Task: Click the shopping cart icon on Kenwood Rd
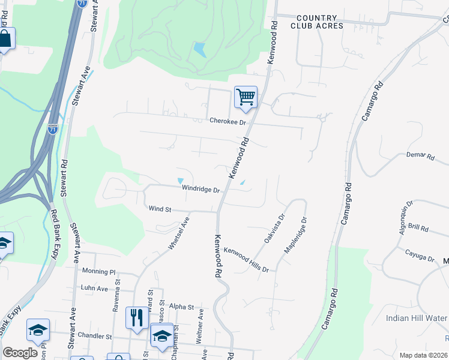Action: coord(246,97)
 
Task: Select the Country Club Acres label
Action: coord(317,22)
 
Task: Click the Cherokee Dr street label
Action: coord(228,121)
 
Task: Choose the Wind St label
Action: coord(160,209)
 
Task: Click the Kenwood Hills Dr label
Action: coord(246,260)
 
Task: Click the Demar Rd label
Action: coord(420,155)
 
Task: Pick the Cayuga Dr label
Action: coord(419,256)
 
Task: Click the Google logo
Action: coord(19,352)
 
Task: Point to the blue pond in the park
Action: coord(200,49)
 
